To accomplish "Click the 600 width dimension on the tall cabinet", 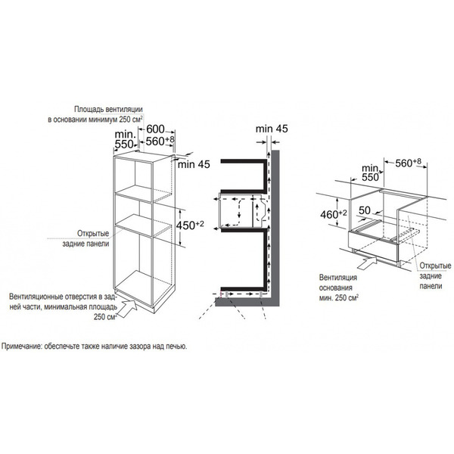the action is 155,129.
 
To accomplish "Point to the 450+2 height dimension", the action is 190,225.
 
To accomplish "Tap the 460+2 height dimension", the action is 334,214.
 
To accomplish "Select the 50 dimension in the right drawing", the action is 365,210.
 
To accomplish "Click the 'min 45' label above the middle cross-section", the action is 272,129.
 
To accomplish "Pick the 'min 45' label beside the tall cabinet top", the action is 194,164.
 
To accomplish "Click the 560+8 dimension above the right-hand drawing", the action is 409,163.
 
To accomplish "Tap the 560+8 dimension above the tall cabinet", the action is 160,141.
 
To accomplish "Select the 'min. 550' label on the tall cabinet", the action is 125,139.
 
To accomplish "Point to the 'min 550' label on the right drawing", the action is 370,173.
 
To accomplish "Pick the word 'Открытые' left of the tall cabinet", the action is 93,233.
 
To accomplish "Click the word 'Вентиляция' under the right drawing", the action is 338,278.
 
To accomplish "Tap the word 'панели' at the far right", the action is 431,286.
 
